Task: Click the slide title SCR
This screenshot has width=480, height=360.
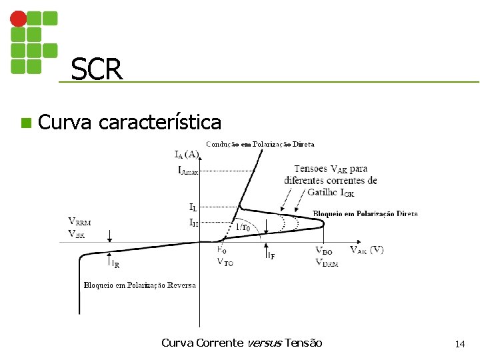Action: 97,69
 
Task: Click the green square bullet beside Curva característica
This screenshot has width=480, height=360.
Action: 25,123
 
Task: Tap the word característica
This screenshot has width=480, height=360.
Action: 159,123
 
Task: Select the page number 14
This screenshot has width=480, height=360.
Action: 459,344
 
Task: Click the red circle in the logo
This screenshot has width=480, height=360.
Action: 19,19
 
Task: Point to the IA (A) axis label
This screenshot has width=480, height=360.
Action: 186,155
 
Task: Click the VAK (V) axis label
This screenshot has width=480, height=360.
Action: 366,250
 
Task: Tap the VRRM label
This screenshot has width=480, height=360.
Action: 81,221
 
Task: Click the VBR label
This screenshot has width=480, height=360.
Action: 77,233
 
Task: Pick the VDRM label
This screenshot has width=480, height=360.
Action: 326,263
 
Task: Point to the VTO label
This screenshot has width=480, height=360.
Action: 225,262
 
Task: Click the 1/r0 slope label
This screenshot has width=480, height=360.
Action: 243,227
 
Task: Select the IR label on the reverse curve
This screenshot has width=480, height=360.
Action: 115,265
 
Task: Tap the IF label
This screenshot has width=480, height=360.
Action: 270,255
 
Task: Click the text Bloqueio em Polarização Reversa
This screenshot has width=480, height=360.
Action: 139,285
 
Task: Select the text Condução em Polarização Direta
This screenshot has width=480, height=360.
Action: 260,143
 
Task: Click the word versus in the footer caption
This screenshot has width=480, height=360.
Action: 264,343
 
